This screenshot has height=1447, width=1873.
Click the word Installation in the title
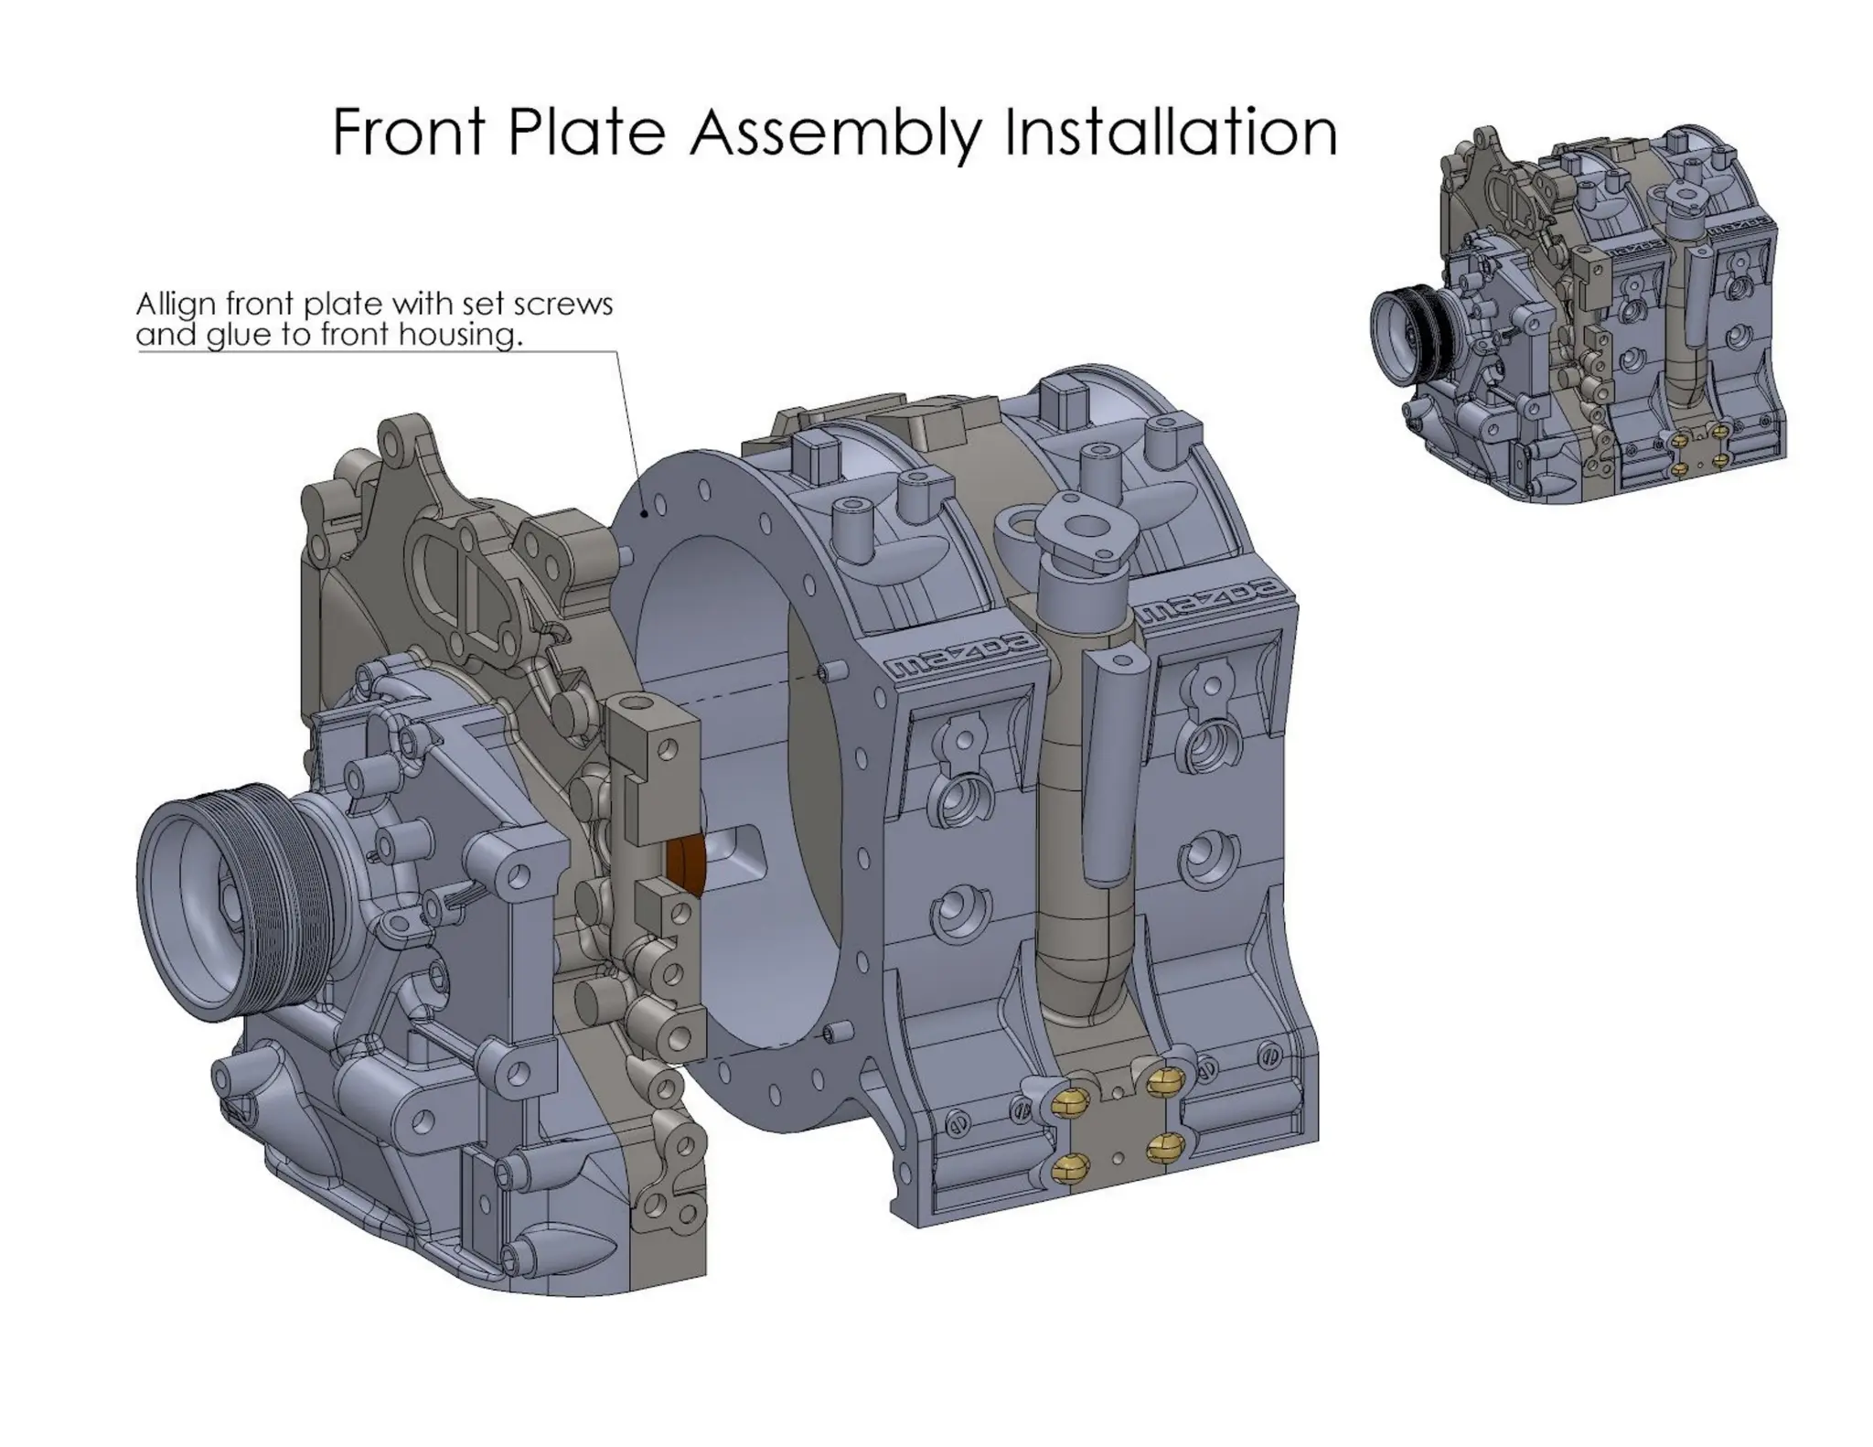[1171, 133]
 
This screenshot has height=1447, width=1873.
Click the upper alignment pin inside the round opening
[832, 672]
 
